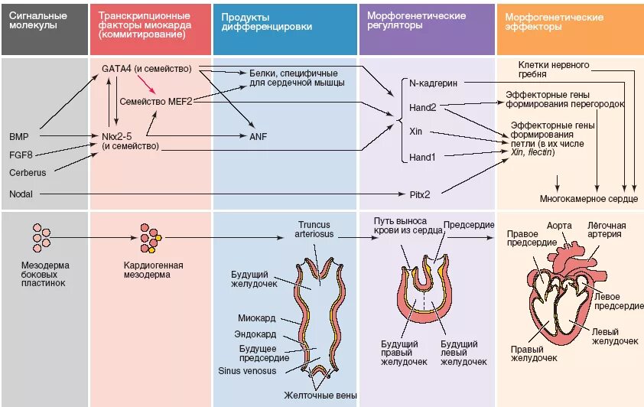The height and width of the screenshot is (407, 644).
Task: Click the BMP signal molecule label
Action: (19, 136)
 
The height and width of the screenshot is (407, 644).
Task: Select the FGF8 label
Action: (21, 155)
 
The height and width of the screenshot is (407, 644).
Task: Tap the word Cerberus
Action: (28, 172)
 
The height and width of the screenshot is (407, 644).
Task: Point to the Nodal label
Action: (21, 194)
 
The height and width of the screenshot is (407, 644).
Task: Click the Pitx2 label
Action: (420, 194)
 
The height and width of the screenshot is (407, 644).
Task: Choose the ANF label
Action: (259, 136)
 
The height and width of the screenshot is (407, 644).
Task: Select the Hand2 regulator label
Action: (423, 108)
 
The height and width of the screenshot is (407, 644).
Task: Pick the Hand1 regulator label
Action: (422, 158)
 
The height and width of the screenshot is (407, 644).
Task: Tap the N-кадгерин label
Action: (434, 83)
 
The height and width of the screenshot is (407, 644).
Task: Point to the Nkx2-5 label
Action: (117, 136)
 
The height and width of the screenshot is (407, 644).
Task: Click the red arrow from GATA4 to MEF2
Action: (147, 84)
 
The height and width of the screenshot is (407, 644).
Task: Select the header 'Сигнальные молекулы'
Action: (38, 20)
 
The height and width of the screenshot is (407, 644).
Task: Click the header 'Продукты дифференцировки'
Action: (267, 21)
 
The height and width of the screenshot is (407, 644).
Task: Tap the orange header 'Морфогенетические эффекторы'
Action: (554, 21)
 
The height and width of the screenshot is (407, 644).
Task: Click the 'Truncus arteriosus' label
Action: (314, 230)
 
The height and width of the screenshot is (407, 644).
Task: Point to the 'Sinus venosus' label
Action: (247, 371)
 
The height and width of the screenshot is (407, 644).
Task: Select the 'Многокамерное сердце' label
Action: (589, 199)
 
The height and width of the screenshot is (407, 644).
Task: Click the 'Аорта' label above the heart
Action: (559, 226)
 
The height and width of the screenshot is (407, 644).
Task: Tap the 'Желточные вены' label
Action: (320, 396)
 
